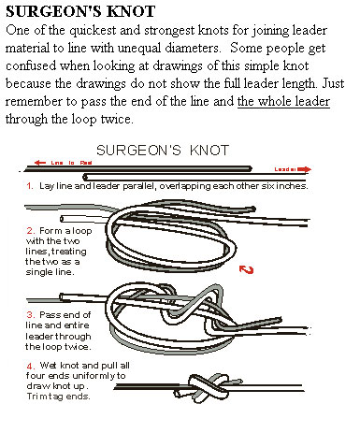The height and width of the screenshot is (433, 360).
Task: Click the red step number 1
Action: click(x=29, y=186)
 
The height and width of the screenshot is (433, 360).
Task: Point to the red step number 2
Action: click(x=29, y=230)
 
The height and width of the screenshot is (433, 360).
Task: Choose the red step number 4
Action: click(x=29, y=365)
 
